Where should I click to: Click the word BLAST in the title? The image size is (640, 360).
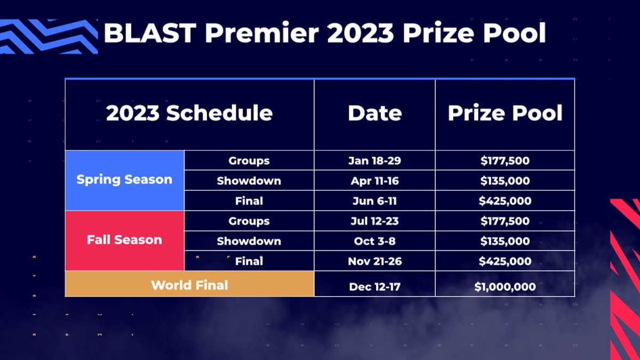150,33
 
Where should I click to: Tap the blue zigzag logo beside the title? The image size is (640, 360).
49,36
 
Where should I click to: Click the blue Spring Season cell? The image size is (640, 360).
125,180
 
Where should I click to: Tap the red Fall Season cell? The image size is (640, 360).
125,241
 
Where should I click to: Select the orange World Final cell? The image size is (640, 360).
189,284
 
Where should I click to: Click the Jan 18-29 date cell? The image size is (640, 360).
374,161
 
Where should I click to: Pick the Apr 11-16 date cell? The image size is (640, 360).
374,181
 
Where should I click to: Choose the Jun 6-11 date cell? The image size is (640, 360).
374,201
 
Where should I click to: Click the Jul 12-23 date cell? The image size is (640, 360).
374,221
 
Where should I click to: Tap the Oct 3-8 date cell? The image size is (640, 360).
374,241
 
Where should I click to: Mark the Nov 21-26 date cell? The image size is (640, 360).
374,261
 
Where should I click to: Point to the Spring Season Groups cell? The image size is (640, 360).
249,161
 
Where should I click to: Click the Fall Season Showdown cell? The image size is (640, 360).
249,241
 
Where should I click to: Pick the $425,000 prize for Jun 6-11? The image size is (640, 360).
505,201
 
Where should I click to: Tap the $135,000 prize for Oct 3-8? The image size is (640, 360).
505,241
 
